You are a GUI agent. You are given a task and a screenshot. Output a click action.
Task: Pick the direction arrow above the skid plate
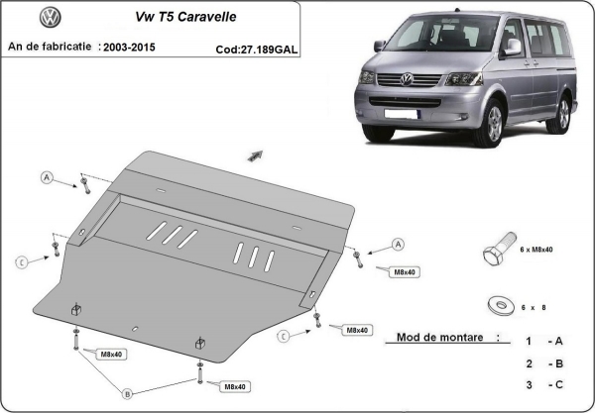[x=255, y=155]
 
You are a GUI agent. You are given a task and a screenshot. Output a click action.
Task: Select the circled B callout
[x=127, y=392]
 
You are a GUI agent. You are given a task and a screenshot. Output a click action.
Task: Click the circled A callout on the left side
[x=46, y=178]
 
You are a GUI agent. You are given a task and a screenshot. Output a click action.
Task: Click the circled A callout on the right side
[x=399, y=244]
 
